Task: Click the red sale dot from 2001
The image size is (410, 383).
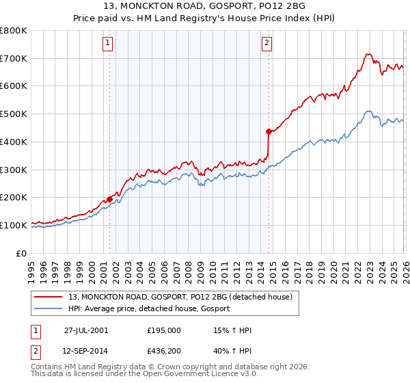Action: pos(110,199)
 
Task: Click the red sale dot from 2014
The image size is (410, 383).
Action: pos(269,131)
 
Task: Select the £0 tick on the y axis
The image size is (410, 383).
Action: pos(23,253)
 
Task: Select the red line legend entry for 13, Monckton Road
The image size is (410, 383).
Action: pos(180,297)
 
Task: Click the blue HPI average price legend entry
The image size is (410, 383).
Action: pos(149,309)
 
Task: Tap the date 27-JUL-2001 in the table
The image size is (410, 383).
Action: pos(86,330)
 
